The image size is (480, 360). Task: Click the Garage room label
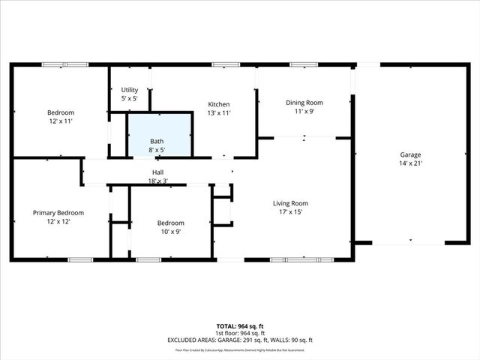pyautogui.click(x=410, y=154)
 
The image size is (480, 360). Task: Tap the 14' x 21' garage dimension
pyautogui.click(x=410, y=163)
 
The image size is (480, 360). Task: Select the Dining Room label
pyautogui.click(x=304, y=103)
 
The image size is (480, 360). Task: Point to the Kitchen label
pyautogui.click(x=219, y=104)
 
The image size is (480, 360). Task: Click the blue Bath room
pyautogui.click(x=158, y=135)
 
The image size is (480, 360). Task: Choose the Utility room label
pyautogui.click(x=129, y=90)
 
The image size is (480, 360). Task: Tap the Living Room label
pyautogui.click(x=290, y=203)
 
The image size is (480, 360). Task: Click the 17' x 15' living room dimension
pyautogui.click(x=290, y=212)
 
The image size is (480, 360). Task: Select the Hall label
pyautogui.click(x=158, y=172)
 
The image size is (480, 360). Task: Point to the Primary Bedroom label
pyautogui.click(x=58, y=213)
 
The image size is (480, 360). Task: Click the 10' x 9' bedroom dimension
pyautogui.click(x=169, y=232)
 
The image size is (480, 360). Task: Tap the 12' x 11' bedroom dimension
pyautogui.click(x=61, y=121)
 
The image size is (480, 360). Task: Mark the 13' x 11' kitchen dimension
pyautogui.click(x=219, y=113)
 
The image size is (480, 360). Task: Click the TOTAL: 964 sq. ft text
pyautogui.click(x=240, y=326)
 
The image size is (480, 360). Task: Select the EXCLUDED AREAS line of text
pyautogui.click(x=240, y=340)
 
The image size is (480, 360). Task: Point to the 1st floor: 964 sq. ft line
pyautogui.click(x=240, y=333)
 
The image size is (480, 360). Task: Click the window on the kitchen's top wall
pyautogui.click(x=220, y=64)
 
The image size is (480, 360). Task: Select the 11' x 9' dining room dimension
pyautogui.click(x=304, y=112)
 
